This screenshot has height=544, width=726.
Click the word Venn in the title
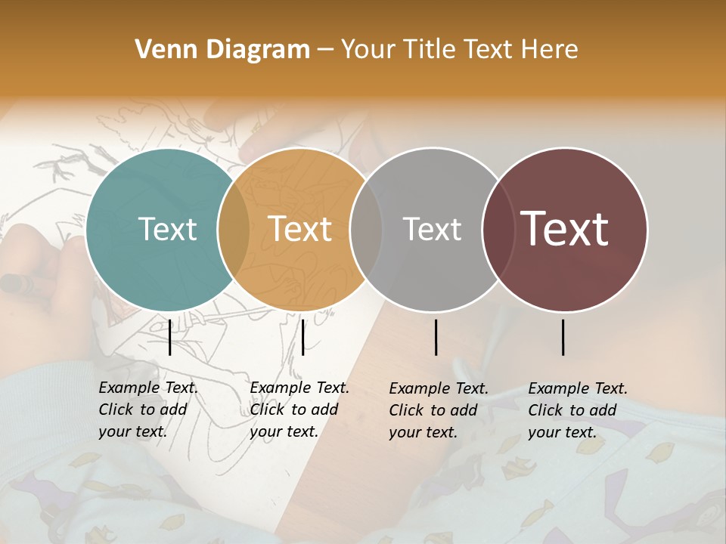tap(160, 50)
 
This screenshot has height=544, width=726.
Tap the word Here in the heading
tap(551, 50)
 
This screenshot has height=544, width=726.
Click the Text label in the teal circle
tap(167, 229)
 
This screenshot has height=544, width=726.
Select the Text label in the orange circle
tap(299, 229)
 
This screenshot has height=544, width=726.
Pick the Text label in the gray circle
tap(432, 229)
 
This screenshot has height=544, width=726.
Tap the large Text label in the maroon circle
tap(565, 229)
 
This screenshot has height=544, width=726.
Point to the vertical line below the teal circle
tap(169, 337)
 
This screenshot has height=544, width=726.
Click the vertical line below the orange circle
tap(302, 337)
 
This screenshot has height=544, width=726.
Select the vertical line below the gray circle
tap(436, 337)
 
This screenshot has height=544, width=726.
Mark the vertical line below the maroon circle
tap(563, 337)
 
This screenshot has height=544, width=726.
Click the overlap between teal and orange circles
tap(234, 229)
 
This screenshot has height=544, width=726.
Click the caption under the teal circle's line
tap(148, 410)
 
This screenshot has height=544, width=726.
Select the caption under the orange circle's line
tap(299, 410)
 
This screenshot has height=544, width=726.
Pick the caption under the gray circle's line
tap(439, 410)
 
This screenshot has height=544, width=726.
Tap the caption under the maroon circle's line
tap(578, 410)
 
